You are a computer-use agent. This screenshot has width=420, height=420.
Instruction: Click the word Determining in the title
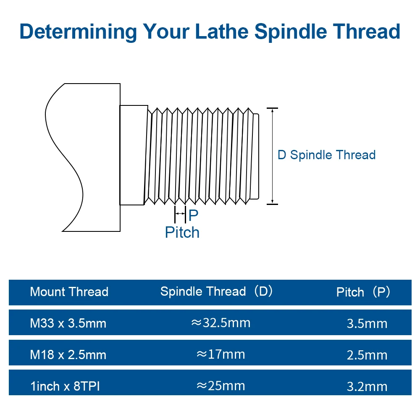[78, 31]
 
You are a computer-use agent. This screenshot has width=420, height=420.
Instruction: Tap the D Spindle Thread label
[326, 155]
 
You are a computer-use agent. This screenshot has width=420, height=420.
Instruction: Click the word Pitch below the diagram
[182, 232]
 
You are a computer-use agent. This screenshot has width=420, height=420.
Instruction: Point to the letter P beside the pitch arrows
[193, 215]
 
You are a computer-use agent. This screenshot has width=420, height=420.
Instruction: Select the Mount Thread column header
[69, 292]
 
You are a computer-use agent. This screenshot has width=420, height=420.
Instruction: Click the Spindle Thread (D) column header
[217, 291]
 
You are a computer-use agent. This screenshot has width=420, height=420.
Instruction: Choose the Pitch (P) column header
[363, 292]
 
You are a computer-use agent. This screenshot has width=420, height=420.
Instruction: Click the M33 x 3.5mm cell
[68, 323]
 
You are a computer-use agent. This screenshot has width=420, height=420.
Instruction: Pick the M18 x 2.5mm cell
[68, 355]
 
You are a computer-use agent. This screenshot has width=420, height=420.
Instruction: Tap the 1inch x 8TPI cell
[65, 386]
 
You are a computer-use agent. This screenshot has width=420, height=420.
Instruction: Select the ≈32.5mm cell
[220, 323]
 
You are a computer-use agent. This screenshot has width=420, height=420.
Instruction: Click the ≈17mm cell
[220, 354]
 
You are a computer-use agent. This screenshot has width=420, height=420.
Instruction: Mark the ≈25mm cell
[220, 386]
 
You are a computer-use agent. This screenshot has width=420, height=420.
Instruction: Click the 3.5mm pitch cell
[367, 324]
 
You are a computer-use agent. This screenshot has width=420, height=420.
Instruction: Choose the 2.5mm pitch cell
[367, 355]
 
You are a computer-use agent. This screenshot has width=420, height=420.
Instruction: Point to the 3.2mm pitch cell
[367, 387]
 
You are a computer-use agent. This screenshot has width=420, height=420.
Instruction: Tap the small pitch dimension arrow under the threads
[180, 214]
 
